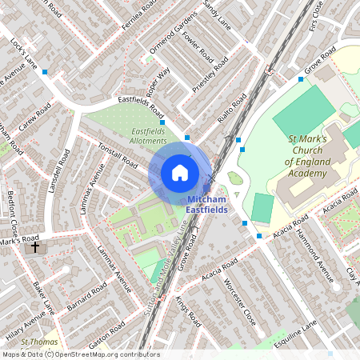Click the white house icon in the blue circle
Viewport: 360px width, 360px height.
[180, 172]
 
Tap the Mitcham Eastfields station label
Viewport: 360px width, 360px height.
[207, 204]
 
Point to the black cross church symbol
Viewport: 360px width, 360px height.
[33, 247]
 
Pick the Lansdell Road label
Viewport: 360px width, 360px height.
[62, 174]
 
